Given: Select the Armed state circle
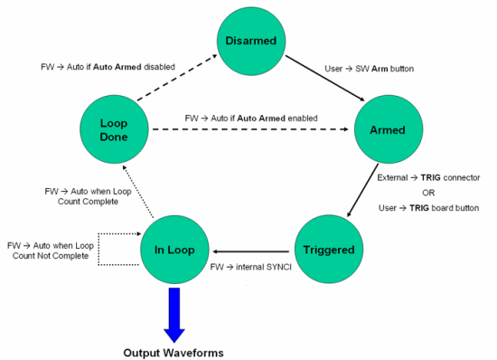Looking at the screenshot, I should [x=387, y=129].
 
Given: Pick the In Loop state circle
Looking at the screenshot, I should [x=174, y=249].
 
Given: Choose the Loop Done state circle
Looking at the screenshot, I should [x=113, y=129].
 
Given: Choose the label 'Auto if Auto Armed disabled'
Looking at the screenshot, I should [x=108, y=67].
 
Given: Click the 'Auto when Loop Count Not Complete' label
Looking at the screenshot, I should [x=50, y=251].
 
